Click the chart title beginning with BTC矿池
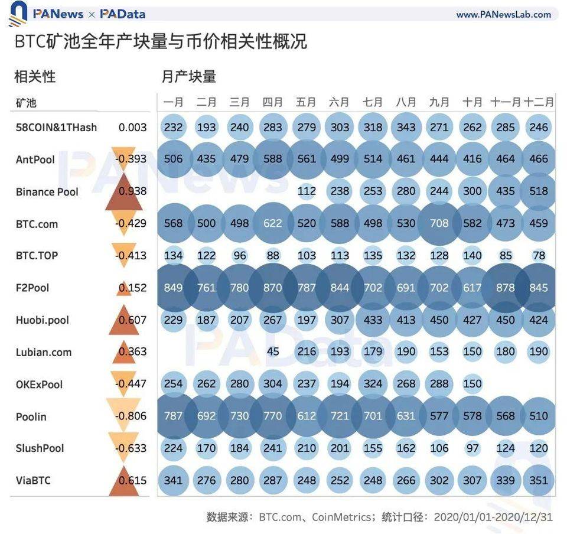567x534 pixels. pos(160,41)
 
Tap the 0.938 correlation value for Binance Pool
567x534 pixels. pos(132,191)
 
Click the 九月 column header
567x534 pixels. pos(439,102)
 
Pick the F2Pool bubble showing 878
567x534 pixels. pos(506,288)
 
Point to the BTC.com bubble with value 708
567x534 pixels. pos(439,223)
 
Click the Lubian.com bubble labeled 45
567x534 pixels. pos(273,351)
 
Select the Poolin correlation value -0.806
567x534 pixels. pos(132,416)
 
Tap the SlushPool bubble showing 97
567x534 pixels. pos(472,448)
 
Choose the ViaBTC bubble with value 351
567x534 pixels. pos(539,480)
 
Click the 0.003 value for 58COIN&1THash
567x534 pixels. pos(132,127)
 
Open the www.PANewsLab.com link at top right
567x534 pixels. pos(503,14)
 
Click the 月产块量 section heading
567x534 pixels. pos(189,76)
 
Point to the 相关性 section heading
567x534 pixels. pos(35,76)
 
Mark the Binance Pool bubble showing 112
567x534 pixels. pos(306,191)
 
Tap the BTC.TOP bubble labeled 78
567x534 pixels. pos(539,255)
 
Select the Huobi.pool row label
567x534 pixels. pos(43,320)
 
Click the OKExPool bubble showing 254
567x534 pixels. pos(173,384)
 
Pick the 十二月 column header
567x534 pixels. pos(539,102)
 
